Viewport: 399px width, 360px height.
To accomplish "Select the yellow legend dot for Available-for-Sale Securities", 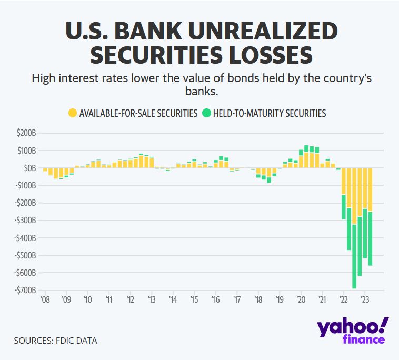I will click(x=73, y=113).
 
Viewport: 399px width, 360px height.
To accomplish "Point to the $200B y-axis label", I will click(x=26, y=133).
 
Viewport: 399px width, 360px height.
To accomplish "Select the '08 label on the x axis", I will click(x=45, y=300).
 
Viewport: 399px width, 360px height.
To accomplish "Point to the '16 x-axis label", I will click(x=215, y=300).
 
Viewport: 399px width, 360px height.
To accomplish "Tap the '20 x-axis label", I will click(x=301, y=300).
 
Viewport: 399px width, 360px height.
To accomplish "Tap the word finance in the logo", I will click(x=364, y=340).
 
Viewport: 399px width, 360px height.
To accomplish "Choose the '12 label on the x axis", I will click(x=130, y=300).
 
